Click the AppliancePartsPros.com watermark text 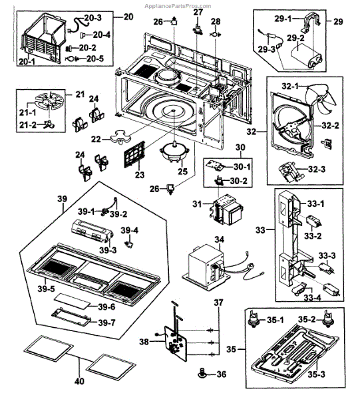coord(178,6)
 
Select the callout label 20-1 coord(27,61)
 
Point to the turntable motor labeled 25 coord(174,152)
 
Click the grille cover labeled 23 coord(134,154)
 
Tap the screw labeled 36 coord(202,373)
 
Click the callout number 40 coord(79,381)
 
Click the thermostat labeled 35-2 coord(328,319)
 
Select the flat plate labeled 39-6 coord(73,301)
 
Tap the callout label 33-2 coord(313,236)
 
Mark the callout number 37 coord(218,303)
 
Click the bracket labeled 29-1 coord(312,23)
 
